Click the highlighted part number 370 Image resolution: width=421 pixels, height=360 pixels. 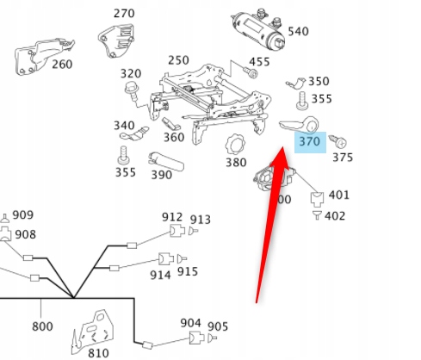coord(309,140)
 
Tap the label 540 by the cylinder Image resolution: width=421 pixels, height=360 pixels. coord(298,32)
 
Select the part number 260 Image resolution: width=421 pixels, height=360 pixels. coord(62,63)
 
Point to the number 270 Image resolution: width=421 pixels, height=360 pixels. coord(124,14)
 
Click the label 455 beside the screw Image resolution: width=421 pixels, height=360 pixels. coord(259,62)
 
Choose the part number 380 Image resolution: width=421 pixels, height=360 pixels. coord(236,162)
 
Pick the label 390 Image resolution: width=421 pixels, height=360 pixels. coord(160,174)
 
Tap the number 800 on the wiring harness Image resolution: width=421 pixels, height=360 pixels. coord(41,326)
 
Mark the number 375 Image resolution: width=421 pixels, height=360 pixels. coord(343,157)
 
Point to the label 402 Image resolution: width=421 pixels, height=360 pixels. coord(335,215)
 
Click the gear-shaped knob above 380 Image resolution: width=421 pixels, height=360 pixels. coord(235,141)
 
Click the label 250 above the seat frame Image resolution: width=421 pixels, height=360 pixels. coord(178,60)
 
